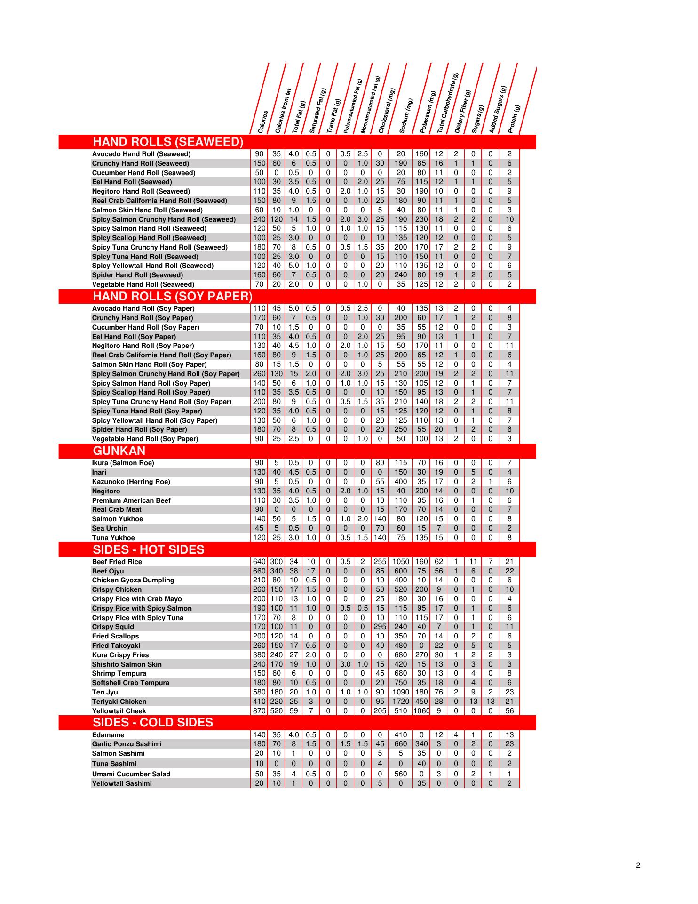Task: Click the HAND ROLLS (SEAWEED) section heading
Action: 168,142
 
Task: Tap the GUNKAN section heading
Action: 119,451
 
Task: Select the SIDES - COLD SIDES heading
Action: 153,723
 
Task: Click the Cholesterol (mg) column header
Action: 387,111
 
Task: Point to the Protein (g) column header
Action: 515,119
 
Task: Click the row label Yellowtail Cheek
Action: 119,711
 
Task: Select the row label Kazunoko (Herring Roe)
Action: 131,482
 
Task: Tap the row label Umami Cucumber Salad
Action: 131,774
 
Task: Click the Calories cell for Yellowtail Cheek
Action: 259,711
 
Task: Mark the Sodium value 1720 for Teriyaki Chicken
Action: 401,702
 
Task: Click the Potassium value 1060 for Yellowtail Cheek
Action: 421,711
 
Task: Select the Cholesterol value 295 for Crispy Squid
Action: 380,627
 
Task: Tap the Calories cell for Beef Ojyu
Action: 259,571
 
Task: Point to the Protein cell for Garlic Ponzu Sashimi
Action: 509,744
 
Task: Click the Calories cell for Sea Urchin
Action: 259,528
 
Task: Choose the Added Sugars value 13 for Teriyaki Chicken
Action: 490,702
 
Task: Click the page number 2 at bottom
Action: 638,865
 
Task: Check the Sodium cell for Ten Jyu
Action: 401,692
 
